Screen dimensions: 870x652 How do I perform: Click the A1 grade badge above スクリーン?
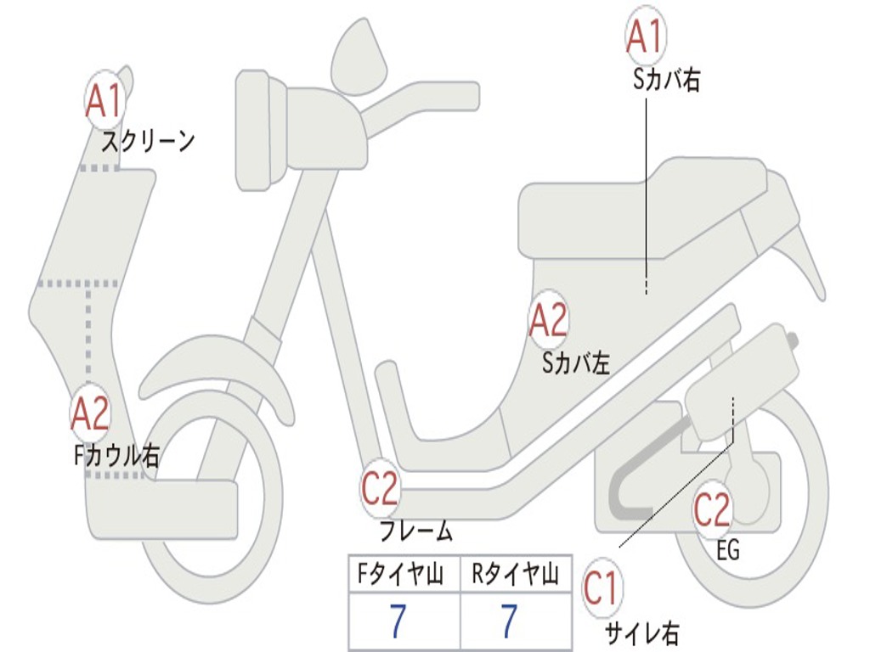click(x=105, y=102)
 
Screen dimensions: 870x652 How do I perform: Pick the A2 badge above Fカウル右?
click(x=90, y=413)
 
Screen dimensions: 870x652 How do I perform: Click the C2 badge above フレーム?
click(x=380, y=488)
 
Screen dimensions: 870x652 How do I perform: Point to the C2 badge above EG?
click(x=712, y=510)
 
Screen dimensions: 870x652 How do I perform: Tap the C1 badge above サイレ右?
click(x=602, y=589)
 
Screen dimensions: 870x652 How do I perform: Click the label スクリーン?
click(x=148, y=142)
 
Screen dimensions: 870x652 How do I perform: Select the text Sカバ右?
click(x=666, y=81)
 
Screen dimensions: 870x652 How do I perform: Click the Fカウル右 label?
click(x=116, y=456)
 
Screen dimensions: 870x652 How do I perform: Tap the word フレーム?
click(x=415, y=532)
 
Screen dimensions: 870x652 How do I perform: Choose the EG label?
click(x=728, y=551)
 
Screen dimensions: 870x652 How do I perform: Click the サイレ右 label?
click(x=641, y=632)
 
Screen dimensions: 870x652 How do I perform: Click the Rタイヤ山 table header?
click(x=515, y=576)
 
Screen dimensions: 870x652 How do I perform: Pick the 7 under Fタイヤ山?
click(x=398, y=621)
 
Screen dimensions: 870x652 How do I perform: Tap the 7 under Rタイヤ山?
click(x=508, y=621)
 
